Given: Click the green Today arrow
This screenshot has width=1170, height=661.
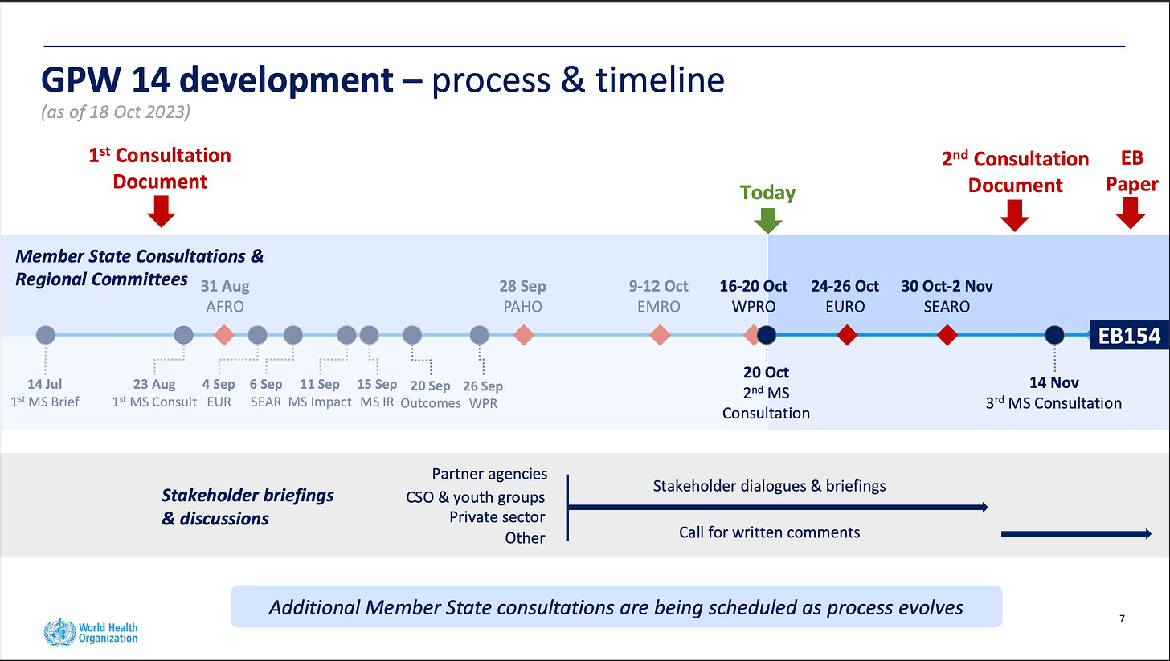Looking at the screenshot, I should tap(769, 220).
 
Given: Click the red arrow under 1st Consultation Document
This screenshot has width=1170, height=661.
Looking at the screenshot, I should tap(162, 211).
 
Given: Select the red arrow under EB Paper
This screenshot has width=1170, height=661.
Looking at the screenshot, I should tap(1131, 213).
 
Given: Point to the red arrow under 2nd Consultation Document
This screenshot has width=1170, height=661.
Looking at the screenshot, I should tap(1015, 214).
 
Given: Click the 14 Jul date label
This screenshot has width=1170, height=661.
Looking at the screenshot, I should tap(45, 385).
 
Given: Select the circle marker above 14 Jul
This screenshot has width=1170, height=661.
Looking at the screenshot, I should tap(46, 335).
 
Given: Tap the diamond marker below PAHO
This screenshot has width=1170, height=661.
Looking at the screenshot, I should tap(524, 335).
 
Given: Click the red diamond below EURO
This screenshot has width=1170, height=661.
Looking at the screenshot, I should tap(847, 335).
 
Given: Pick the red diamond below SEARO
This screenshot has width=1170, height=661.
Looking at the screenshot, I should tap(947, 335).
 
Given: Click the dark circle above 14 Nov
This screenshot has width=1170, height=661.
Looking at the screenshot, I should tap(1054, 335).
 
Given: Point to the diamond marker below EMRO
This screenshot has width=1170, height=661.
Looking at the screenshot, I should tap(660, 335).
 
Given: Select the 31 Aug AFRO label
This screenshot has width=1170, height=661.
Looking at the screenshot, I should tap(225, 296).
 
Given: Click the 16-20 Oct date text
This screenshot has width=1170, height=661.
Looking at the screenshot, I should tap(754, 286).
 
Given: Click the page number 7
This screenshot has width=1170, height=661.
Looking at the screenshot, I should tap(1121, 619).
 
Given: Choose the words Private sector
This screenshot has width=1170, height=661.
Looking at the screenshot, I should tap(497, 517).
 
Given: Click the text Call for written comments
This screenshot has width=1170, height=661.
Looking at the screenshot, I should tap(769, 532).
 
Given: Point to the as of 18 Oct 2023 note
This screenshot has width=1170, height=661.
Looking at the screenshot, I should tap(116, 112).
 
